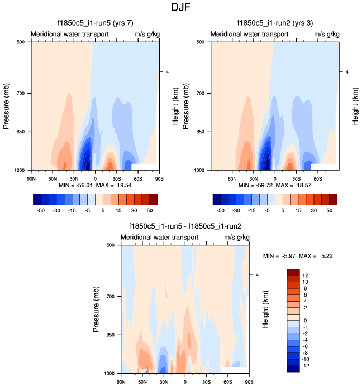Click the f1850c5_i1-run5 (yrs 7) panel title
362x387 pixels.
tap(94, 23)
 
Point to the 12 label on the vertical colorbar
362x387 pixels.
tap(306, 275)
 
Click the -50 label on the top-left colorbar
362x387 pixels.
tap(41, 211)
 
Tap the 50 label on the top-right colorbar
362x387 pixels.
tap(330, 211)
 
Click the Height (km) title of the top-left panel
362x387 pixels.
tap(175, 105)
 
